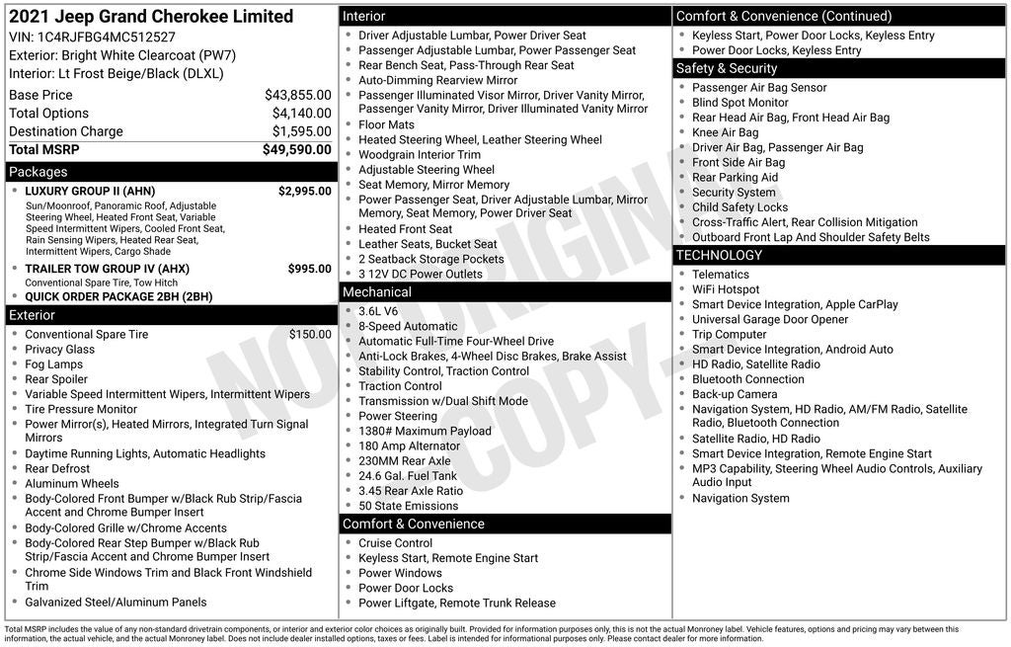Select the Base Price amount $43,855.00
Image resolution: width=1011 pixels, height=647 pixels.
point(297,95)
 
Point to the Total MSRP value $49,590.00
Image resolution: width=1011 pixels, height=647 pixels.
point(296,149)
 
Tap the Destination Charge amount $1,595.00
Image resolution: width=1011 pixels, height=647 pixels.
point(301,131)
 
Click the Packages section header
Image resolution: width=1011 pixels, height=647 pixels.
point(39,172)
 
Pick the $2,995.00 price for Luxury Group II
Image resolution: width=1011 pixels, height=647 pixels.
point(304,192)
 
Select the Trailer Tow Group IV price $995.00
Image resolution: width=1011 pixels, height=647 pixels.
point(309,269)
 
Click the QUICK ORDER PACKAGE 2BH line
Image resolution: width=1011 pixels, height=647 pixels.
point(118,296)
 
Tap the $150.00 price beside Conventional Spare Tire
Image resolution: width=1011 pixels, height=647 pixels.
point(310,335)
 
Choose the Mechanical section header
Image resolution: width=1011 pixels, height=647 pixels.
point(377,292)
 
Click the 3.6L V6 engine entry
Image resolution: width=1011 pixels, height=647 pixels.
point(380,311)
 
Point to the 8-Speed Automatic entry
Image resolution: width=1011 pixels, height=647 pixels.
point(408,326)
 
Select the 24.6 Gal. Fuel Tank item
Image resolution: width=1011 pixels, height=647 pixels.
point(409,476)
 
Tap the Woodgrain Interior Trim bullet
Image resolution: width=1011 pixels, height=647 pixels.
point(420,155)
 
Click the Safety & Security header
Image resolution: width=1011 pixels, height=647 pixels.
point(727,68)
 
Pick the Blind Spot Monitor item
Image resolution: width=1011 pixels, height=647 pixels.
point(739,103)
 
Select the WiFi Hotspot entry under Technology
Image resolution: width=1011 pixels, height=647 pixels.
point(726,289)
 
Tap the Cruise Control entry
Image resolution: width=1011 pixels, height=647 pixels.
point(395,543)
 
